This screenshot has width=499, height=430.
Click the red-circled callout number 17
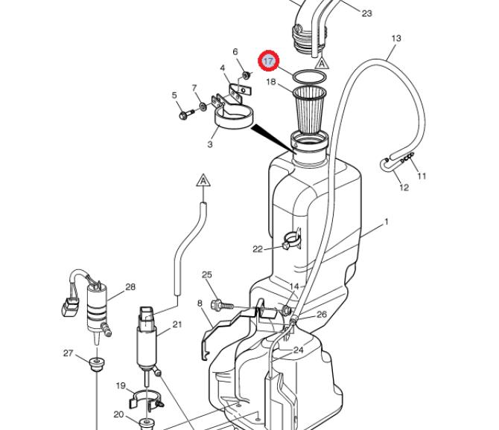pyautogui.click(x=269, y=60)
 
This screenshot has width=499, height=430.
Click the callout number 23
pyautogui.click(x=366, y=13)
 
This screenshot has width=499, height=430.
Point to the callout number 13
pyautogui.click(x=396, y=39)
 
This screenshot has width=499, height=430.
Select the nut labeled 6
pyautogui.click(x=246, y=75)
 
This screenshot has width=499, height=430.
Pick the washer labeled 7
pyautogui.click(x=203, y=106)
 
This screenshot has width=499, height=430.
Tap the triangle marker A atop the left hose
pyautogui.click(x=203, y=181)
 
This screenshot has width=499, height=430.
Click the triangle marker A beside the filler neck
pyautogui.click(x=322, y=63)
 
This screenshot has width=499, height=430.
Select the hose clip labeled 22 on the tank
pyautogui.click(x=291, y=240)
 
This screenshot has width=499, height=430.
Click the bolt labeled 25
pyautogui.click(x=222, y=306)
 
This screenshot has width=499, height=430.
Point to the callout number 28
pyautogui.click(x=130, y=287)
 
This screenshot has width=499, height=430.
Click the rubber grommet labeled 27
pyautogui.click(x=97, y=364)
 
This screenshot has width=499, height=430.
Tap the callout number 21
pyautogui.click(x=177, y=324)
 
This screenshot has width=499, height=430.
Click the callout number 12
pyautogui.click(x=404, y=187)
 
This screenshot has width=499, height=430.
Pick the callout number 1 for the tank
pyautogui.click(x=387, y=221)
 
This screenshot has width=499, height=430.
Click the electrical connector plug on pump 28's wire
pyautogui.click(x=69, y=307)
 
